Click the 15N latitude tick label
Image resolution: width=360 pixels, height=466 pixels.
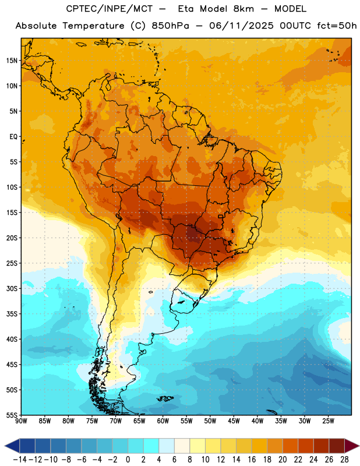tap(12, 61)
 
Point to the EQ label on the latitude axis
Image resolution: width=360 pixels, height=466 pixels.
tap(13, 137)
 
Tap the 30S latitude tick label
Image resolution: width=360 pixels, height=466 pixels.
tap(12, 288)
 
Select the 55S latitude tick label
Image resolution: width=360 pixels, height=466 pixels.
tap(12, 415)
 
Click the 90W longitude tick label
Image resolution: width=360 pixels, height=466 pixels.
tap(21, 421)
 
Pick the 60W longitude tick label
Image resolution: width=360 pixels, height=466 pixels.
tap(163, 421)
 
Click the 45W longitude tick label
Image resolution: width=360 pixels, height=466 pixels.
tap(234, 421)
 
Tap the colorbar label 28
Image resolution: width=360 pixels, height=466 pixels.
tap(344, 460)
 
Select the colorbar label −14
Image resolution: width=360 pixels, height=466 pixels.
tap(20, 460)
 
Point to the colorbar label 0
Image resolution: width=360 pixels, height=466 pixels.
tap(128, 460)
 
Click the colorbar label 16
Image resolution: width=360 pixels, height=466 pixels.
tap(252, 460)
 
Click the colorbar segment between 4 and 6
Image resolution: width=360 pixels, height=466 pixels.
tap(167, 446)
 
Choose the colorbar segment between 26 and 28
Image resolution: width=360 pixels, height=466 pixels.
tap(337, 446)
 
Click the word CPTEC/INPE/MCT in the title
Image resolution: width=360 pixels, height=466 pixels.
tap(109, 9)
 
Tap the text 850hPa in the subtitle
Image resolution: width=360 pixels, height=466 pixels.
tap(170, 26)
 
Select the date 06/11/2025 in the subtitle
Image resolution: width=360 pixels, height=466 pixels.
tap(241, 26)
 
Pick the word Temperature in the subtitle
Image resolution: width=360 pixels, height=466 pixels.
tap(93, 26)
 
